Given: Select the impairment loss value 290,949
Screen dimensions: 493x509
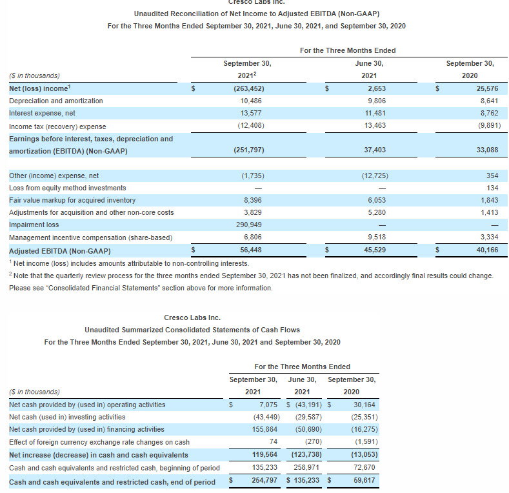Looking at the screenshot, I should pos(248,225).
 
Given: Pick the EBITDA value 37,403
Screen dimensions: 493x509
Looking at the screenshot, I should pos(375,150).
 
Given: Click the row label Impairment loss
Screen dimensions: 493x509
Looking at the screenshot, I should pos(34,225).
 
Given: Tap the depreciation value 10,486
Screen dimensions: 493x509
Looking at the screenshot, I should pos(252,101).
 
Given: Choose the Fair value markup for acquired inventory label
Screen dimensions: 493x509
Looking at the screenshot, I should pos(72,200).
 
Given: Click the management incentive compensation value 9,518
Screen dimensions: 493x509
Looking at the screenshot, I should pos(376,237).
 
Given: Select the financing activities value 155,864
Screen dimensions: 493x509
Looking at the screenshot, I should pos(263,429).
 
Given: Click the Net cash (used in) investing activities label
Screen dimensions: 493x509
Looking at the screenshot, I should pos(67,417).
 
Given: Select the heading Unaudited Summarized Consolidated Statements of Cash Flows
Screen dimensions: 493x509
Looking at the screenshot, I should pos(192,330).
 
